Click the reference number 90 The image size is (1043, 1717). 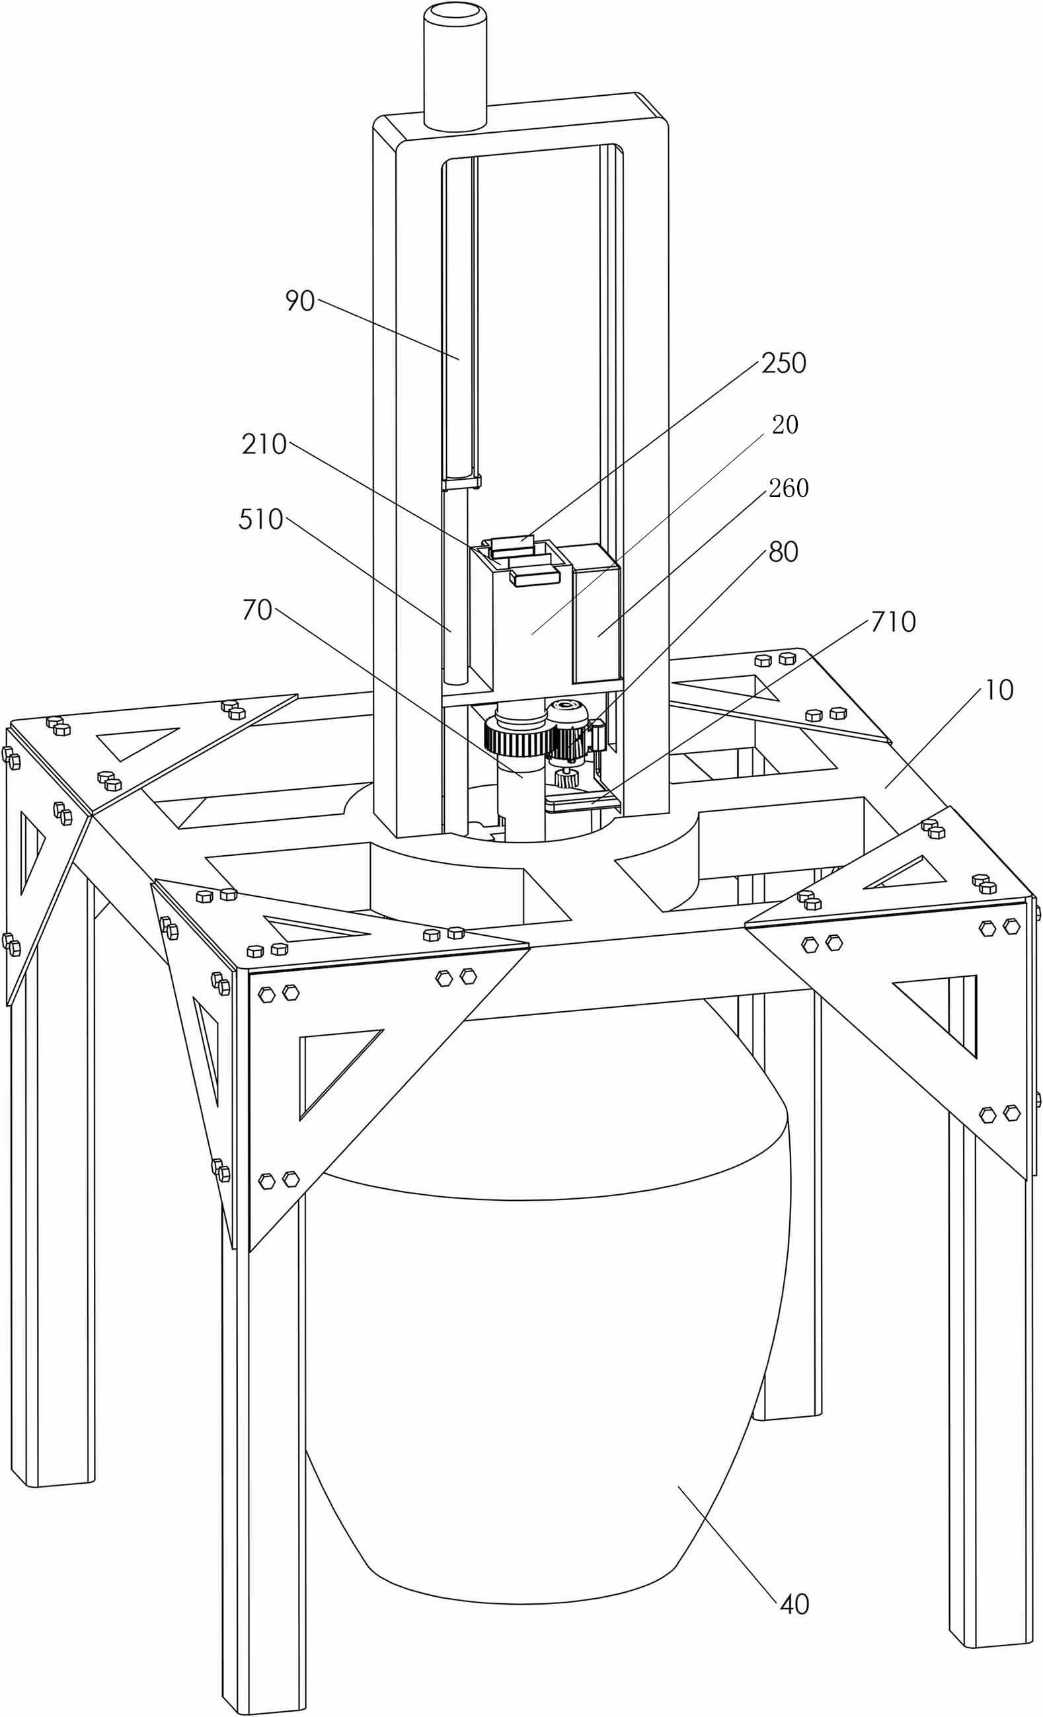pos(300,302)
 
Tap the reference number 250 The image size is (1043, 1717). pos(784,363)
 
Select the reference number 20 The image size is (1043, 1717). pos(785,424)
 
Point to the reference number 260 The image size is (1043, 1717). pos(789,488)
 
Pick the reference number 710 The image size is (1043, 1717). pos(893,622)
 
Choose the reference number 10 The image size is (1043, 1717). pos(999,691)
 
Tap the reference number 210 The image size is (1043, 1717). pos(264,444)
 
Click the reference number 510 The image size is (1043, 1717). pos(260,519)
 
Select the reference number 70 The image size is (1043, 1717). pos(256,611)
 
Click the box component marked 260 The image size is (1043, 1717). pos(596,613)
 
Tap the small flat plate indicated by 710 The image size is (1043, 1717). pos(584,804)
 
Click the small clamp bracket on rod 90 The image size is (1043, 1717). pos(461,481)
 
